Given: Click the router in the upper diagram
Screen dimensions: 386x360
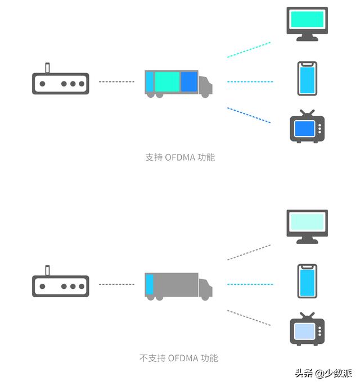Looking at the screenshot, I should (60, 83).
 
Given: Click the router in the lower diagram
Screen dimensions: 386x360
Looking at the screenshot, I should (60, 285).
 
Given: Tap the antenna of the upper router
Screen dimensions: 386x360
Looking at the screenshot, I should (48, 67).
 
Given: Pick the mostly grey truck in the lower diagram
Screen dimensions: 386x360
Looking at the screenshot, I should (178, 286).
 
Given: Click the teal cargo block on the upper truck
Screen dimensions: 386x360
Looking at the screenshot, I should (166, 81).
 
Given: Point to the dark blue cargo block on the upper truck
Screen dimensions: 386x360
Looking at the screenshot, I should (189, 81).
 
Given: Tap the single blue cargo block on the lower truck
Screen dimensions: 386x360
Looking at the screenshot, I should (149, 284).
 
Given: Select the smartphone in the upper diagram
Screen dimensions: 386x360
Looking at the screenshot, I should (307, 79).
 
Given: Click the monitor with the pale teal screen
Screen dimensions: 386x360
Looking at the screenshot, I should (307, 226).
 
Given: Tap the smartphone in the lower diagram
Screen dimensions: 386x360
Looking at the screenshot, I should (307, 281).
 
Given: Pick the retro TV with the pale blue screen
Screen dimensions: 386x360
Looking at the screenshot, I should (307, 329).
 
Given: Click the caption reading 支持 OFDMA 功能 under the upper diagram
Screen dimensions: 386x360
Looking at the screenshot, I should (180, 157).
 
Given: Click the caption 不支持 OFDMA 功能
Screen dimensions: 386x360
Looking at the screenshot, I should (178, 358).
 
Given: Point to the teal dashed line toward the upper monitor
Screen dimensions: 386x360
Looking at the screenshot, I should (249, 49).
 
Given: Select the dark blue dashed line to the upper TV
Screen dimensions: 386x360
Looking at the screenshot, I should (249, 115).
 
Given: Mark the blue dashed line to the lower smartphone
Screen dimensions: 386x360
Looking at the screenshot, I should (250, 284).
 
